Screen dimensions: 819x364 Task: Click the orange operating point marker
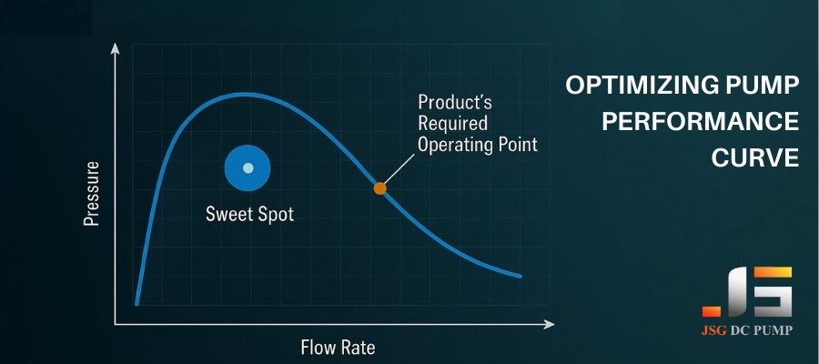379,188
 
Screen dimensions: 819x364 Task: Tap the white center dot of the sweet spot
248,167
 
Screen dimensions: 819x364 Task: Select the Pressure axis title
91,194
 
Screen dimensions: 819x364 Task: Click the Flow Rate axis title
338,347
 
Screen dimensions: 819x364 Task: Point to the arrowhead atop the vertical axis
116,48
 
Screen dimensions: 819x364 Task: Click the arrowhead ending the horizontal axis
549,324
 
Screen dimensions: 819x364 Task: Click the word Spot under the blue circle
275,214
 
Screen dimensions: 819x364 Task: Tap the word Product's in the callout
455,102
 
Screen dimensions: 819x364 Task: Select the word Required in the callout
453,123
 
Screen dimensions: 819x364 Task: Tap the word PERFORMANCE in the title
701,122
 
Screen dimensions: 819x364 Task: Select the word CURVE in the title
755,157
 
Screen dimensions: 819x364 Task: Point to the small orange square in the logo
712,311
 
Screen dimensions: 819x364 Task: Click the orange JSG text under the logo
714,330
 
